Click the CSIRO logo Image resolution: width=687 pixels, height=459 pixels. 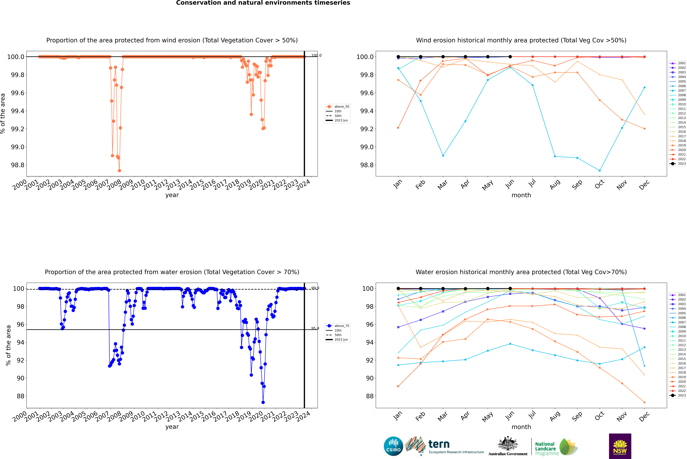click(393, 446)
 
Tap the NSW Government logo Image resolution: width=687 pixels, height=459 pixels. click(620, 446)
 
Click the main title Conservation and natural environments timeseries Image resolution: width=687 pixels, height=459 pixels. click(263, 3)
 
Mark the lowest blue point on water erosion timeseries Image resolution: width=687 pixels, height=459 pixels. click(263, 402)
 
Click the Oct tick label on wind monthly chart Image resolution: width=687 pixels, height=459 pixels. click(599, 184)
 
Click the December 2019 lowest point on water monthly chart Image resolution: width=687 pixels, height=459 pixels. click(644, 402)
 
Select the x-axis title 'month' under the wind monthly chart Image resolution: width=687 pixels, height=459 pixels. click(521, 195)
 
